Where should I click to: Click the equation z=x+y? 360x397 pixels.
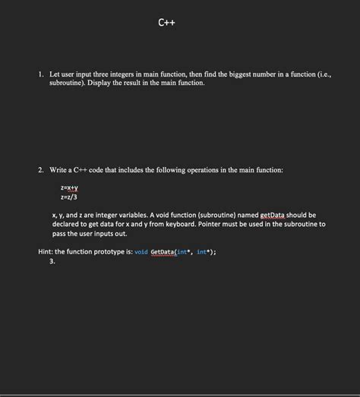(70, 187)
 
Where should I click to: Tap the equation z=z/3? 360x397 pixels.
(69, 197)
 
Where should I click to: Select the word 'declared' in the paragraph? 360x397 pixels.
(68, 224)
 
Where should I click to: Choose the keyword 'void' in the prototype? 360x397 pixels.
(141, 252)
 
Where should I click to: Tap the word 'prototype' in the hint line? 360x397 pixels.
(110, 252)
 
